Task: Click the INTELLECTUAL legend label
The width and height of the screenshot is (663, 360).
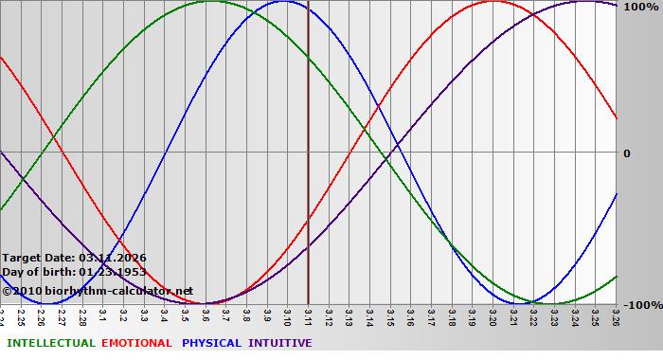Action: click(x=50, y=343)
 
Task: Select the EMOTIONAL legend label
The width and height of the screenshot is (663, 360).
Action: click(x=136, y=343)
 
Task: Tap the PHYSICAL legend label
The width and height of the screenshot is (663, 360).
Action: click(x=212, y=343)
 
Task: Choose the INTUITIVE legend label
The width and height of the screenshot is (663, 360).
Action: click(x=280, y=343)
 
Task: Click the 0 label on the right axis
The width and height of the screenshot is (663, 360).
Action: click(x=626, y=153)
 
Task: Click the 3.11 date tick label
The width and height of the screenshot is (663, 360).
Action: click(x=309, y=315)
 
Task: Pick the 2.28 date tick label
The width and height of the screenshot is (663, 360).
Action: click(x=82, y=315)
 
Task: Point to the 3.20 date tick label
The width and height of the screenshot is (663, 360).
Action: click(x=493, y=315)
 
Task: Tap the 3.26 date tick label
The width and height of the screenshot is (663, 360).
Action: click(x=616, y=315)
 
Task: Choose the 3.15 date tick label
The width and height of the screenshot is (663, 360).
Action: click(x=390, y=315)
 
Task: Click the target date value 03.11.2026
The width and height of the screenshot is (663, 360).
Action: click(x=113, y=258)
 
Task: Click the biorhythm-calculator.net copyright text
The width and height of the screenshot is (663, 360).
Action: click(x=104, y=291)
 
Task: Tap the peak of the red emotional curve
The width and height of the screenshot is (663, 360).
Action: click(x=493, y=2)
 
